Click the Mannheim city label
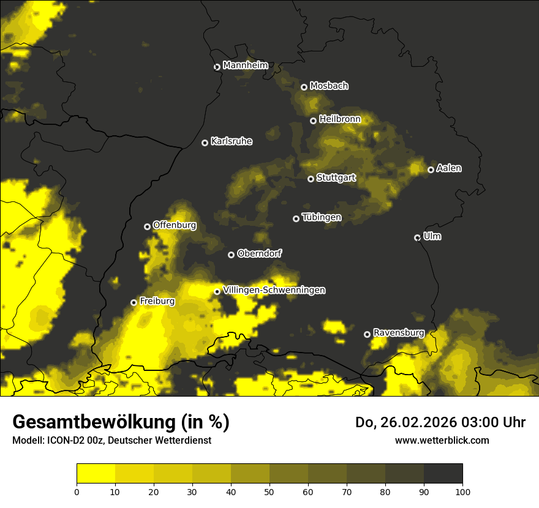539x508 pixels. pos(245,65)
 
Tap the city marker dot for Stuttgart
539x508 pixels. pos(311,179)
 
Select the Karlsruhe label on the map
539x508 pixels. pos(231,141)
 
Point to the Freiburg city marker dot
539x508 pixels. pos(134,302)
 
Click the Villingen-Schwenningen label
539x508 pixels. pos(274,290)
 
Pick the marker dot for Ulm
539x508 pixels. pos(417,237)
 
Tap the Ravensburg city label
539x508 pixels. pos(399,333)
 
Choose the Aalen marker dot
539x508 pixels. pos(431,170)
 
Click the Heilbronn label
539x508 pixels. pos(340,119)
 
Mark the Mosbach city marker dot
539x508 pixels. pos(304,87)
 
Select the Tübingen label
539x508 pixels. pos(322,217)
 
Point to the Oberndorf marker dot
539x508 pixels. pos(231,255)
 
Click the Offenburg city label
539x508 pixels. pos(175,225)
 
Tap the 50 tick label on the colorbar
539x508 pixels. pos(269,491)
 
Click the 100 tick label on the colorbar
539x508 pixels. pos(462,491)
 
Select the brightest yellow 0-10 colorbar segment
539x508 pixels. pos(96,474)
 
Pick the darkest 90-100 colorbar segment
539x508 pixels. pos(443,474)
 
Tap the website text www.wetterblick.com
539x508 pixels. pos(442,440)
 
